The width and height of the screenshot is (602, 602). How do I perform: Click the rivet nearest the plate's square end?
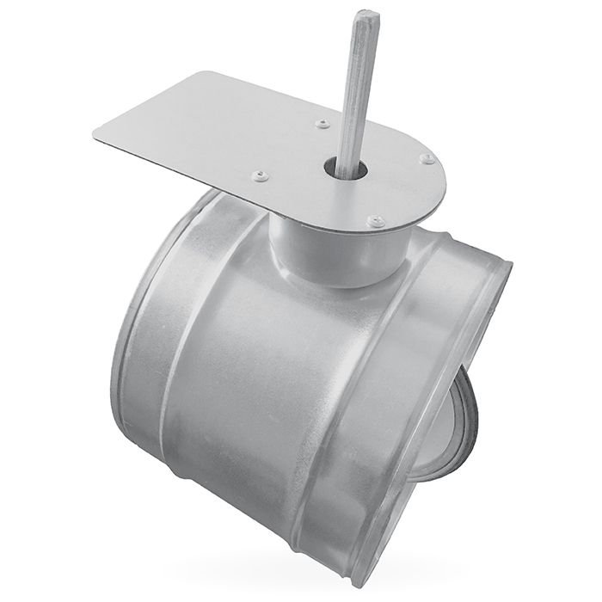coord(258,176)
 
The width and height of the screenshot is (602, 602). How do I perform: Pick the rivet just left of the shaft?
coord(322,125)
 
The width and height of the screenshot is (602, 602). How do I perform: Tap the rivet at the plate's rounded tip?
coord(426,159)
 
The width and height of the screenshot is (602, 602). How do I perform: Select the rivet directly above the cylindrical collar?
coord(374,221)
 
